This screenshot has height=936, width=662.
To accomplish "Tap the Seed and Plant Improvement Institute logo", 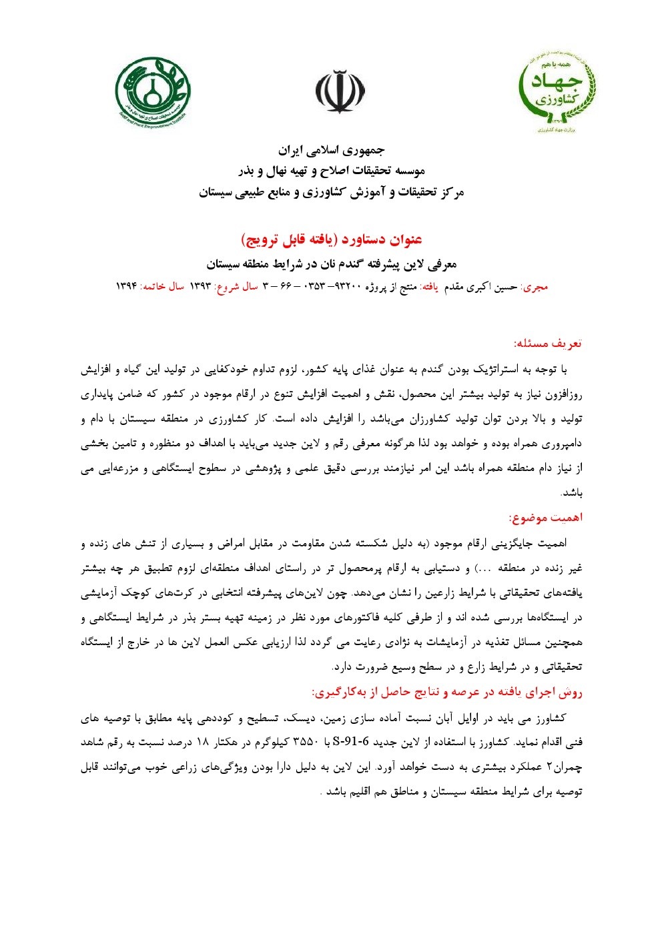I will [153, 91].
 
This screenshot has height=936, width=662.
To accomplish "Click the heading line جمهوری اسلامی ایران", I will [332, 149].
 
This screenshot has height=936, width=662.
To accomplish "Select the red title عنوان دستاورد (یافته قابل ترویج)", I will [332, 239].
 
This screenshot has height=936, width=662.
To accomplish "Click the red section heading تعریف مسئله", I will [548, 344].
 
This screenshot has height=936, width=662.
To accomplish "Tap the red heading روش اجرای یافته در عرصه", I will [447, 692].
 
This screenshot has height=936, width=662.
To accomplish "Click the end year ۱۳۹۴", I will [126, 286].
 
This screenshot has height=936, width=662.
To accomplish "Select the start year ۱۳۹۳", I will [200, 286].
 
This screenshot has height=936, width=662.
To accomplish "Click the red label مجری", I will [535, 287].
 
